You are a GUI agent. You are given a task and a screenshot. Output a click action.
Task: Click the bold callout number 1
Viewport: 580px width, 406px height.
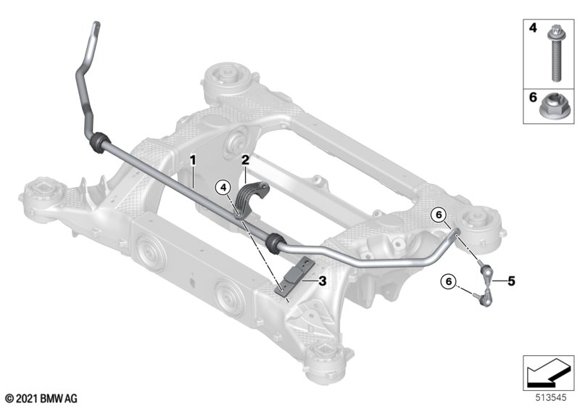[192, 160]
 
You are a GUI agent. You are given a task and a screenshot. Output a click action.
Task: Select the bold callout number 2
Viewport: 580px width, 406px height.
[245, 160]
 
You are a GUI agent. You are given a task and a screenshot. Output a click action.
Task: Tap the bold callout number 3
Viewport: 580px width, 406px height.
[322, 281]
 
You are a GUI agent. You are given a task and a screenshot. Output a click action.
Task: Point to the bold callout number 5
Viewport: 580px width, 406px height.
[511, 281]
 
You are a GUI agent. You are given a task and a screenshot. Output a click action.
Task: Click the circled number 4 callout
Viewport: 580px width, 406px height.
[223, 188]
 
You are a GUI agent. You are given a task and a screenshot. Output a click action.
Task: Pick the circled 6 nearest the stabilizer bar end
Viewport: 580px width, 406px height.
[439, 215]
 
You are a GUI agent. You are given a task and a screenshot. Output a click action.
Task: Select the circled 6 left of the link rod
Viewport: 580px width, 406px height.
[448, 281]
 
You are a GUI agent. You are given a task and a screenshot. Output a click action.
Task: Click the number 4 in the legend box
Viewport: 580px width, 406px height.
[533, 28]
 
